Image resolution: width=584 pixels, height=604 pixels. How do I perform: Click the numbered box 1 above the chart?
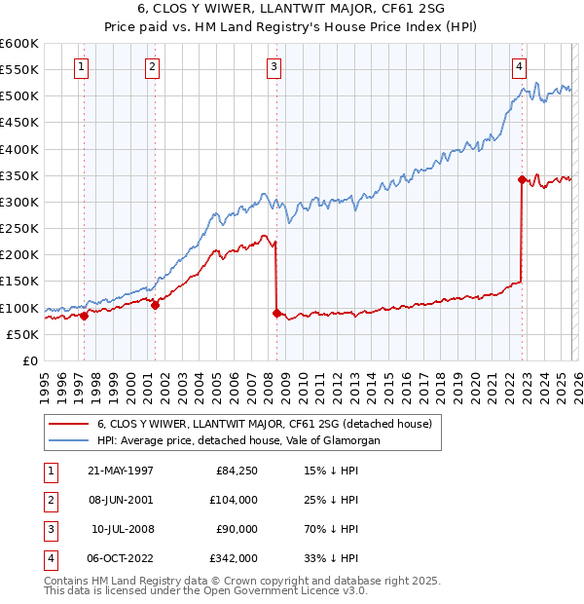80,67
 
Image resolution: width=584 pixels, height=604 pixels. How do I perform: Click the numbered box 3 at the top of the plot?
274,67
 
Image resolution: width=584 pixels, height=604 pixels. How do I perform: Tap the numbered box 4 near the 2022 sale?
520,67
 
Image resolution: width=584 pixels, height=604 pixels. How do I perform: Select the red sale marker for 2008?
276,313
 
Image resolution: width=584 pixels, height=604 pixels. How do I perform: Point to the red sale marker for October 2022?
522,179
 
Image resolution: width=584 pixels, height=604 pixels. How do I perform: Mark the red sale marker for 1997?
85,316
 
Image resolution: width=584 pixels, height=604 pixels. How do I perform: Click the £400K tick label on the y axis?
18,149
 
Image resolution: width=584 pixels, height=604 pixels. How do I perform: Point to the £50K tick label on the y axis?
21,334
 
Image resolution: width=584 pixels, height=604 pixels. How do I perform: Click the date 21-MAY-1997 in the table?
121,471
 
